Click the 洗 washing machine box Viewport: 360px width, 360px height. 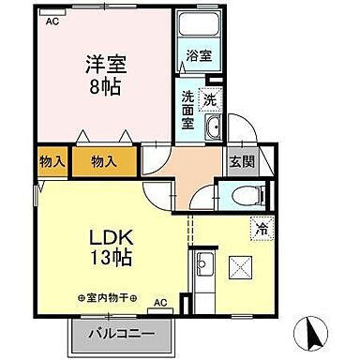click(x=211, y=99)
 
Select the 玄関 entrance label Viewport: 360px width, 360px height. click(x=241, y=160)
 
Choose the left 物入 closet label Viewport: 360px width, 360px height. click(x=52, y=161)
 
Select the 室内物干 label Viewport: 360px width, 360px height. click(x=106, y=299)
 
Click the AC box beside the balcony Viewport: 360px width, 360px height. click(x=159, y=303)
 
